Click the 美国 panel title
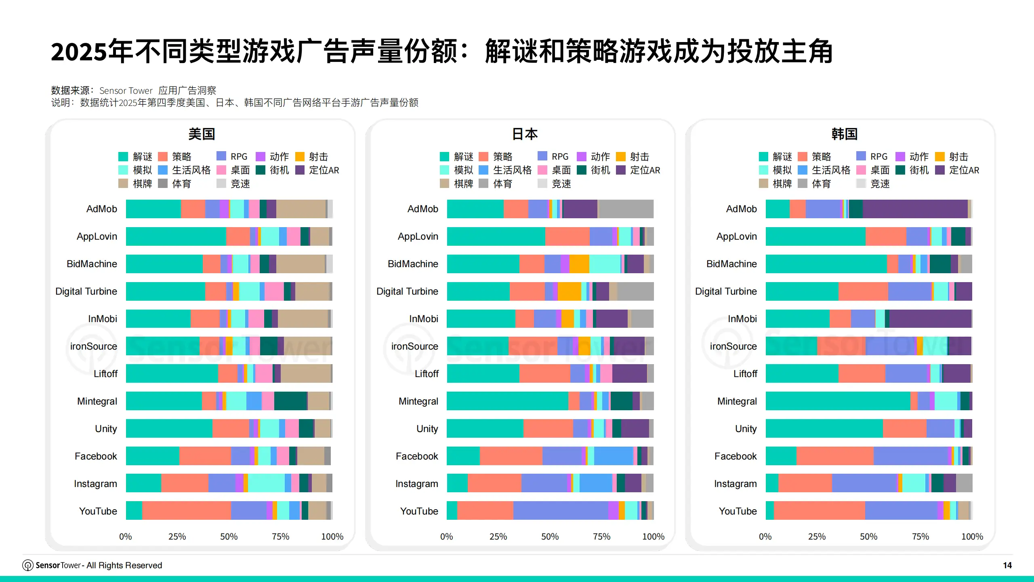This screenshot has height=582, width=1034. click(x=202, y=134)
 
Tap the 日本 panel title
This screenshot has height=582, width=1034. click(x=524, y=134)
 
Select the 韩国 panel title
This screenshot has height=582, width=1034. click(x=844, y=134)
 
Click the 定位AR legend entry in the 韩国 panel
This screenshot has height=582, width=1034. click(x=958, y=170)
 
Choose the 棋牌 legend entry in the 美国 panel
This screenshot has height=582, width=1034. click(x=135, y=184)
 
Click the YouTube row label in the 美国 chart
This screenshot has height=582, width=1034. click(x=98, y=511)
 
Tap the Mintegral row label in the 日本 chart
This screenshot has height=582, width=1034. click(x=418, y=401)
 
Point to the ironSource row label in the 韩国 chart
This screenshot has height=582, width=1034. click(x=733, y=346)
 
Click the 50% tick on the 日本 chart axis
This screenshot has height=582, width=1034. click(x=550, y=537)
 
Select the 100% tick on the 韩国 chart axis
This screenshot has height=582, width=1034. click(x=972, y=537)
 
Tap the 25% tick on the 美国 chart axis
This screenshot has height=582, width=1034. click(x=177, y=537)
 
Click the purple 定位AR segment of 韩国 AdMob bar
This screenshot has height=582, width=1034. click(x=915, y=209)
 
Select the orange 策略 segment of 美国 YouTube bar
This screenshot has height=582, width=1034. click(x=186, y=510)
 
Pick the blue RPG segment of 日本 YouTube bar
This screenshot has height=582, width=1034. click(x=560, y=510)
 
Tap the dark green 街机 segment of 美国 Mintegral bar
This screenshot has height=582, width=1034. click(x=290, y=401)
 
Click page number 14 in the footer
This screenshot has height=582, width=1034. click(x=1007, y=565)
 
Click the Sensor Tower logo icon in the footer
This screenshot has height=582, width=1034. click(x=27, y=565)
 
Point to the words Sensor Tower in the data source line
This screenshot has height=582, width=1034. click(x=126, y=91)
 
